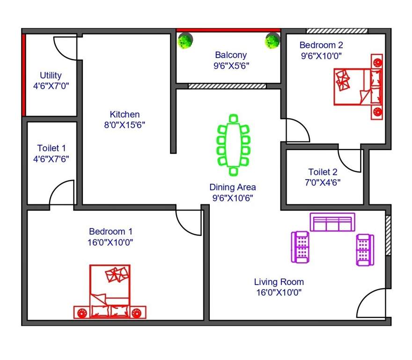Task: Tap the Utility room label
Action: point(51,75)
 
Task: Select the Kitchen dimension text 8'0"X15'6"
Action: point(125,125)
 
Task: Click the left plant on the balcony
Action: point(185,41)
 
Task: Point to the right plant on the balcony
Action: point(272,41)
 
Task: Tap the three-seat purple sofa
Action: point(332,222)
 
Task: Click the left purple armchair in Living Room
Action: point(301,247)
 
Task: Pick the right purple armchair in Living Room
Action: point(365,249)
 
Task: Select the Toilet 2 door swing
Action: point(350,160)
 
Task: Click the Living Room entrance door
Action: point(373,304)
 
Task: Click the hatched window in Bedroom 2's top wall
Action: point(337,31)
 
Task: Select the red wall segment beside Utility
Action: point(23,75)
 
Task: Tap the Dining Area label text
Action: point(232,187)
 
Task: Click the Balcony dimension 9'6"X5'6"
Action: point(231,66)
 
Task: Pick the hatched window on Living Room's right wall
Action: point(388,235)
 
